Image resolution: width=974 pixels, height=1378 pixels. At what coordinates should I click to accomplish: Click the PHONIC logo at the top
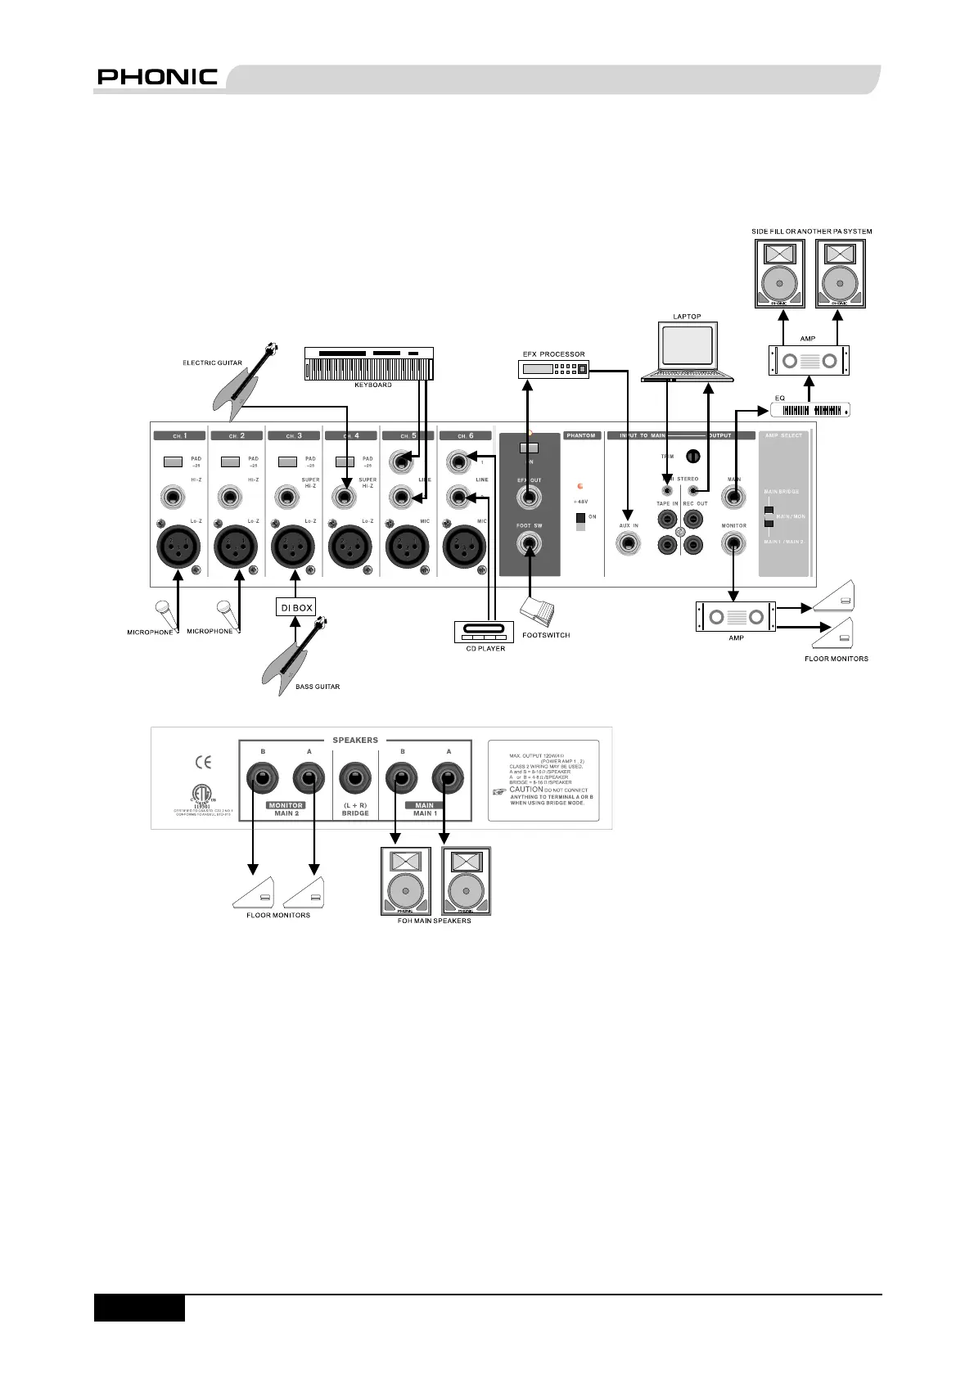pos(157,78)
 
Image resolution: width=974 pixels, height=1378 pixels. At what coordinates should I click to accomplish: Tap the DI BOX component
pos(295,608)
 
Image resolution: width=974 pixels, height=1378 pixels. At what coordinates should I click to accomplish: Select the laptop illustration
pos(688,352)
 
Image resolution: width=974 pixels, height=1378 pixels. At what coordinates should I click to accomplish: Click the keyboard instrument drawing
pos(368,364)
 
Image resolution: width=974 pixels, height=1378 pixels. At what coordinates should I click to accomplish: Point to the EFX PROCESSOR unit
pos(554,369)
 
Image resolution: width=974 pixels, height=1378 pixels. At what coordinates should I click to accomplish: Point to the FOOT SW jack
pos(530,542)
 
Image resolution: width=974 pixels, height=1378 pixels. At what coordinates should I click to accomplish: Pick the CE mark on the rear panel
pos(203,763)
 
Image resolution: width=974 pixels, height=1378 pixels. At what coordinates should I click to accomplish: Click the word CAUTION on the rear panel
pos(525,790)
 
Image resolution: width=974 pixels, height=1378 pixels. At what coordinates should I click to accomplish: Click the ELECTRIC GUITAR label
pos(212,363)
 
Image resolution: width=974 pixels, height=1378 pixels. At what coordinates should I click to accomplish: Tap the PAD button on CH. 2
pos(231,462)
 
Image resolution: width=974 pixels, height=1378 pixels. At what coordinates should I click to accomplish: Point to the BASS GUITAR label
pos(318,687)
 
